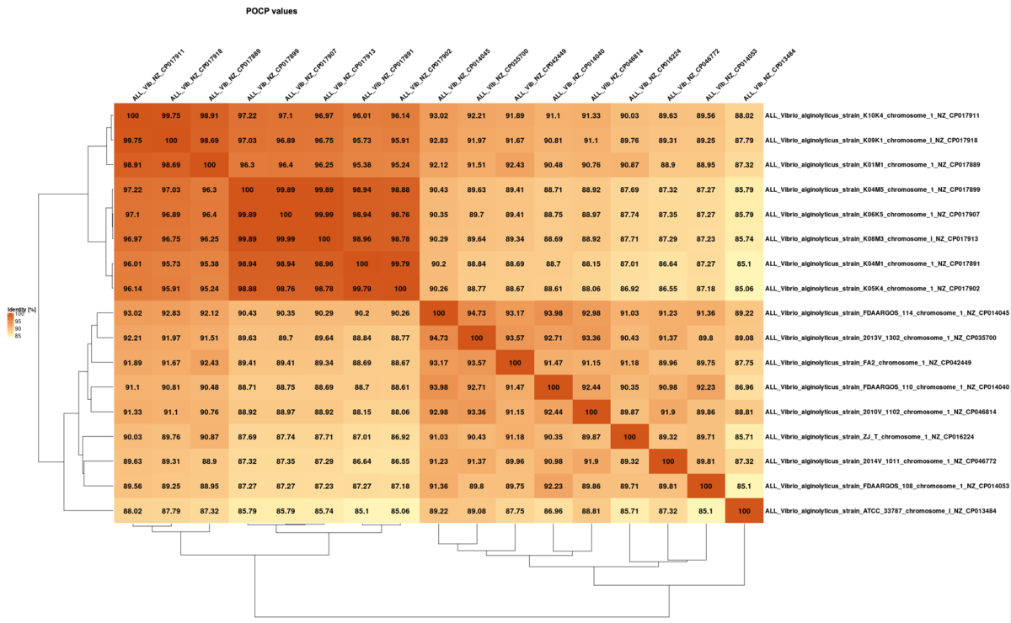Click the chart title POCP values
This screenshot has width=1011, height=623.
[x=277, y=12]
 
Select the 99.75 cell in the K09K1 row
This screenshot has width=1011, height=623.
[x=133, y=140]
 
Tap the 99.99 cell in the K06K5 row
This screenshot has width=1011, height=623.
[x=324, y=215]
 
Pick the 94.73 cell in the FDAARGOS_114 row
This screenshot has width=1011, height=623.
[x=477, y=313]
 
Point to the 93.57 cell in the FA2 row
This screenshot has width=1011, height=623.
[x=477, y=363]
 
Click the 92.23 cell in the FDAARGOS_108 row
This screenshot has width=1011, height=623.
[x=553, y=487]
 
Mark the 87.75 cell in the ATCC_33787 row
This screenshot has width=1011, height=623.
[x=515, y=512]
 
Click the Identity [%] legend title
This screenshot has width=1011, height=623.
[x=21, y=310]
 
